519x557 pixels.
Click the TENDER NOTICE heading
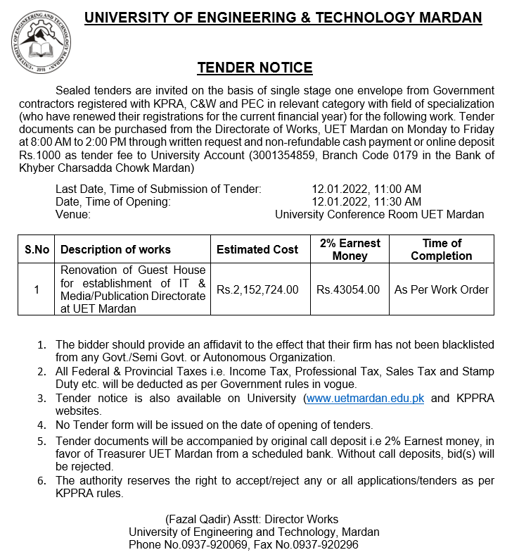255,68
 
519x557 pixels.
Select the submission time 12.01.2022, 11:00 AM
366,189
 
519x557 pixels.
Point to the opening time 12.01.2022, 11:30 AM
366,201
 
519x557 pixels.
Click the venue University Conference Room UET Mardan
379,214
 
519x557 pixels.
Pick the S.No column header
37,249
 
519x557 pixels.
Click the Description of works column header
115,249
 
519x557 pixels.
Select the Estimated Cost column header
257,249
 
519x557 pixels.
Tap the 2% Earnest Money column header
350,249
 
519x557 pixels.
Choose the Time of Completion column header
442,249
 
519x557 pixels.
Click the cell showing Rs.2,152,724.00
257,289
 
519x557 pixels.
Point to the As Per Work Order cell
442,289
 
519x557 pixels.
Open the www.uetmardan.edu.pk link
365,399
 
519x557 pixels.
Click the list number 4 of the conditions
41,425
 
